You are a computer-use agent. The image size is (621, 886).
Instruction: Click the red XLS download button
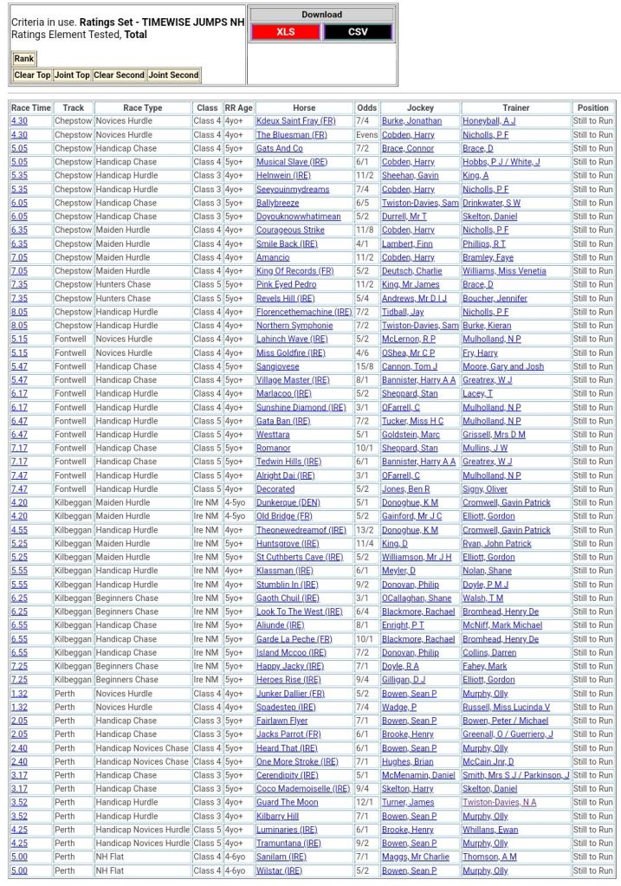point(285,32)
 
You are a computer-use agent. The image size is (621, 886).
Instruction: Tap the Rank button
point(23,59)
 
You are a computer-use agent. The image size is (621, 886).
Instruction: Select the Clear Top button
point(32,75)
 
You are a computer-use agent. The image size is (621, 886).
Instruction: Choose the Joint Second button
point(173,75)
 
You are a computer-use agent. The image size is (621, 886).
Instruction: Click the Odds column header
point(366,108)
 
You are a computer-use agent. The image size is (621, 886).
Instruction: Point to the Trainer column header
point(515,108)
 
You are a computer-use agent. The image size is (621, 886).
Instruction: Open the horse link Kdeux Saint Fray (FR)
point(295,121)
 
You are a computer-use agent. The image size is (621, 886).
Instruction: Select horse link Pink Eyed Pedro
point(286,285)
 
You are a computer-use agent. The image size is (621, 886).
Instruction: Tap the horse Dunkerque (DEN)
point(288,502)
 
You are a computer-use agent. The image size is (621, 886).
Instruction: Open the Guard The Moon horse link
point(287,803)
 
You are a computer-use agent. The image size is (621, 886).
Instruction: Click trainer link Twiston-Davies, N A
point(499,803)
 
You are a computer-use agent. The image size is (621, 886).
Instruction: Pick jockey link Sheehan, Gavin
point(410,176)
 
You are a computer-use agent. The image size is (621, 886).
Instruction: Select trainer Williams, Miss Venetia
point(504,271)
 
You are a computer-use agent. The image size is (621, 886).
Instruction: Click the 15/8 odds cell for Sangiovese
point(366,366)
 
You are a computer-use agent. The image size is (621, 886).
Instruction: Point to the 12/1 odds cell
point(366,803)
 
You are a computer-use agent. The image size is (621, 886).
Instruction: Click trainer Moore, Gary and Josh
point(503,366)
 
